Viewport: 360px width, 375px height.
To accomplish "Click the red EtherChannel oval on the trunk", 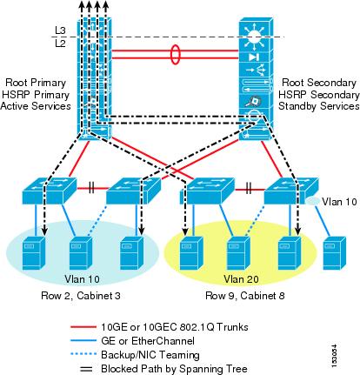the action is [x=175, y=54].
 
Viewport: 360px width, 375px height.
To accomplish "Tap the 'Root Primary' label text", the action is [x=36, y=83].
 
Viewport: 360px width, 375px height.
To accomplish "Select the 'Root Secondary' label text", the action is [x=319, y=83].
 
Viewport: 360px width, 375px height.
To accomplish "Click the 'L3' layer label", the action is [x=60, y=30].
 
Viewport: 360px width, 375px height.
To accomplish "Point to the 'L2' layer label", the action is [x=60, y=44].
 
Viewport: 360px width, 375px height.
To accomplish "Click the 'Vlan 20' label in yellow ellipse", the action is [x=241, y=279].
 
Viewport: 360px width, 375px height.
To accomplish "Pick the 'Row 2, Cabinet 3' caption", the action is [x=81, y=296].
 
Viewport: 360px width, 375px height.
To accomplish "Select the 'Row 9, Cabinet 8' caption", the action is [x=245, y=296].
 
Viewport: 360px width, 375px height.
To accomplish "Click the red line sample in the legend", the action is [x=83, y=327].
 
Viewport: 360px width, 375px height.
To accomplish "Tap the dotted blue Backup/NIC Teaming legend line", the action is [x=83, y=354].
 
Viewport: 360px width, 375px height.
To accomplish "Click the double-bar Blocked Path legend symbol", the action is [x=87, y=369].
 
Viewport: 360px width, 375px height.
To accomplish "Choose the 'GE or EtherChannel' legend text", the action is [x=148, y=340].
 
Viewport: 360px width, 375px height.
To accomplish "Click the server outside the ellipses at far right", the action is [x=335, y=253].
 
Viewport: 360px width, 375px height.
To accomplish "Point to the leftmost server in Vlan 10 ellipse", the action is [x=34, y=253].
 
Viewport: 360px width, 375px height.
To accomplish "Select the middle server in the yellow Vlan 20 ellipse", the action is [x=238, y=253].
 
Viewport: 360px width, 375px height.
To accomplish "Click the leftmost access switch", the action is [x=50, y=190].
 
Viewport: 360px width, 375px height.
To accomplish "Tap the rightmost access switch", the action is [x=291, y=190].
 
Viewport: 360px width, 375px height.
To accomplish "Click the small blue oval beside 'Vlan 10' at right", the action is [x=313, y=201].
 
